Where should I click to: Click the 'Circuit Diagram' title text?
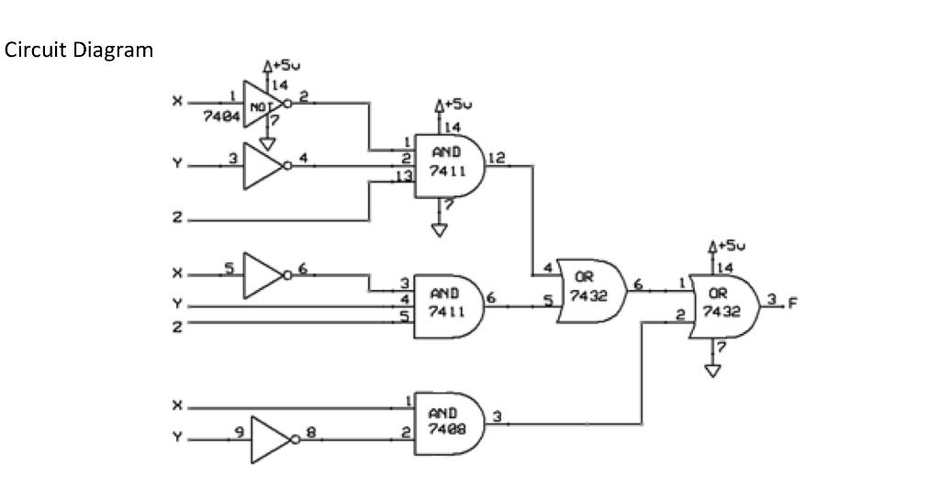coord(79,50)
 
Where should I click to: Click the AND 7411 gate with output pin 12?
coord(449,166)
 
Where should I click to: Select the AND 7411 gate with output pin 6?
coord(449,305)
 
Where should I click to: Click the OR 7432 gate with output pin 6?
coord(591,291)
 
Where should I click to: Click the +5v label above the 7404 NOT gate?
coord(285,66)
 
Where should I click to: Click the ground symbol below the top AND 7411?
coord(439,229)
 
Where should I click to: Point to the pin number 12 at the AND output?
coord(496,158)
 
